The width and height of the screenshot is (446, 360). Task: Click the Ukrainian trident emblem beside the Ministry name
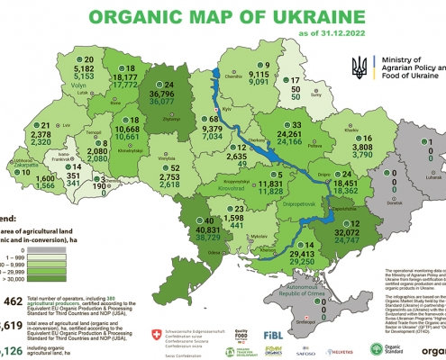click(359, 65)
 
